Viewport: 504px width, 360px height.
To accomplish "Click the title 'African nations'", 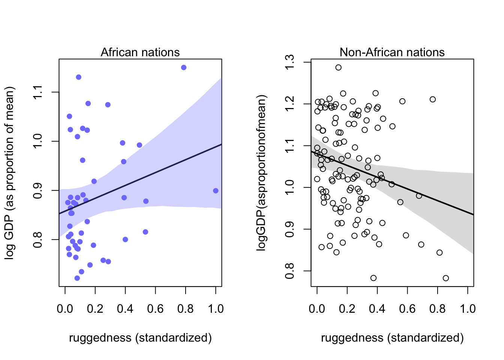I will pyautogui.click(x=140, y=52).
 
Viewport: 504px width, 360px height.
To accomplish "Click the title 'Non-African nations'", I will pyautogui.click(x=392, y=52).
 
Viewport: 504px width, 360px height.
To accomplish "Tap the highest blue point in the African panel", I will pyautogui.click(x=184, y=67).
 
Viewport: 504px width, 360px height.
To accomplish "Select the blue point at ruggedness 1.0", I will pyautogui.click(x=216, y=190).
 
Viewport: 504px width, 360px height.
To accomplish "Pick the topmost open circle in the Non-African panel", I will pyautogui.click(x=338, y=67).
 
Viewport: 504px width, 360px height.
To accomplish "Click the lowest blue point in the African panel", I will pyautogui.click(x=77, y=278).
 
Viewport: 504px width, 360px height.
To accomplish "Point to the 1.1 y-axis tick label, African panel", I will pyautogui.click(x=38, y=92).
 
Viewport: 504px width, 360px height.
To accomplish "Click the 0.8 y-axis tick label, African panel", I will pyautogui.click(x=38, y=239).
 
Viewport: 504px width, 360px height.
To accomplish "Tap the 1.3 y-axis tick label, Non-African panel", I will pyautogui.click(x=290, y=62).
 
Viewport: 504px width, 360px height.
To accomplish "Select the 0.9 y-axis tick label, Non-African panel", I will pyautogui.click(x=290, y=229).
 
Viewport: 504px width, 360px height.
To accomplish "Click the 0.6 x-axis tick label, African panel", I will pyautogui.click(x=155, y=309).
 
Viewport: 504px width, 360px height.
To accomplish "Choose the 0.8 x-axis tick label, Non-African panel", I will pyautogui.click(x=437, y=309).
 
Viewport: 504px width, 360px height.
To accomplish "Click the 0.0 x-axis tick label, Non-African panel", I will pyautogui.click(x=317, y=309).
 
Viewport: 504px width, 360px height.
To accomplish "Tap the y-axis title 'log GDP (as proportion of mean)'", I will pyautogui.click(x=9, y=172).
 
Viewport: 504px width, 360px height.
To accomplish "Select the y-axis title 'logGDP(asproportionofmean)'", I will pyautogui.click(x=261, y=172).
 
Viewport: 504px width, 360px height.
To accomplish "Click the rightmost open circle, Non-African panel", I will pyautogui.click(x=445, y=278).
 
